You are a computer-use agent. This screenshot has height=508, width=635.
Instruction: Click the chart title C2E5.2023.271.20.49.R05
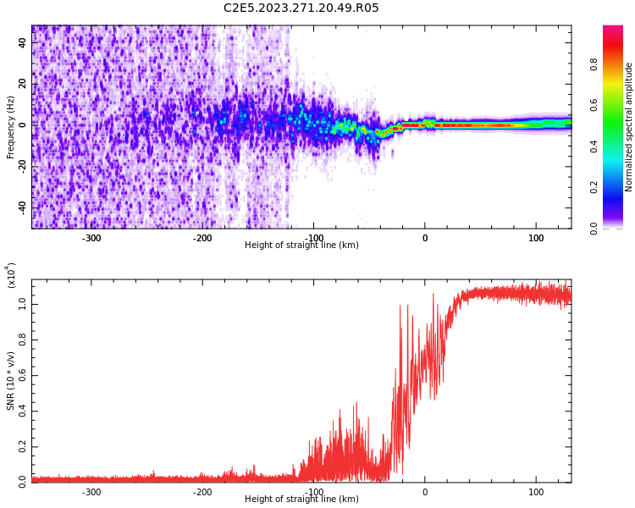pos(301,8)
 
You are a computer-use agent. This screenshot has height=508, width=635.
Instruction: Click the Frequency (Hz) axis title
pos(11,127)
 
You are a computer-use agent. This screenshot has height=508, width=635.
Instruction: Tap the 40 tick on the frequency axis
pos(22,42)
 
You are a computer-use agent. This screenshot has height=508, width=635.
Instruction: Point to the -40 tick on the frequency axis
pos(20,207)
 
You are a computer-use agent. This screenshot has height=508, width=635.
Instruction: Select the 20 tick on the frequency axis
pos(22,84)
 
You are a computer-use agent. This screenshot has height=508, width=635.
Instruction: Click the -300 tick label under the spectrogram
pos(91,238)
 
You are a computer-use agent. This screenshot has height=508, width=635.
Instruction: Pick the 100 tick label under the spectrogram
pos(536,238)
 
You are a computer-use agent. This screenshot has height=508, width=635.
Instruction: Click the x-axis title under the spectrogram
pos(301,246)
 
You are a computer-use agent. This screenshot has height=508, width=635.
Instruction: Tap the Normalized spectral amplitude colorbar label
pos(629,127)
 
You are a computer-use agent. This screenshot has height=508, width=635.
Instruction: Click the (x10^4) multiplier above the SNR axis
pos(11,276)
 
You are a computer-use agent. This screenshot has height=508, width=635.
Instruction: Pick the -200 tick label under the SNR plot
pos(202,492)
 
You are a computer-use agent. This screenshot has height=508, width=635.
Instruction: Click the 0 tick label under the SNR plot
pos(425,492)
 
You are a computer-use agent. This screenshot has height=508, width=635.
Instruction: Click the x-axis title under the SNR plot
pos(301,500)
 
